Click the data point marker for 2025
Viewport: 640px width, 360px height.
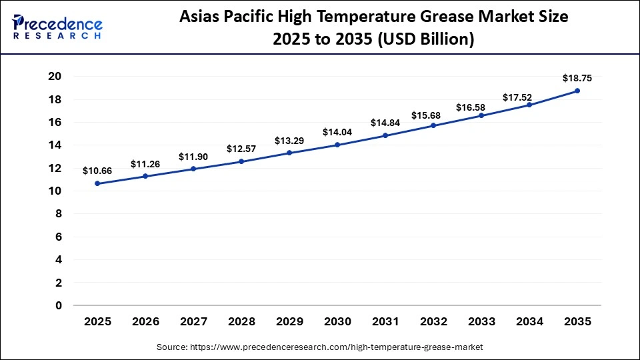click(97, 183)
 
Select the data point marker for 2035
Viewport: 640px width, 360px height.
click(577, 91)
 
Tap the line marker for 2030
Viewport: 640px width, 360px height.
click(337, 145)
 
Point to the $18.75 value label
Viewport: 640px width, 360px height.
click(577, 78)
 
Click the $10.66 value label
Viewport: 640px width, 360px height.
click(97, 171)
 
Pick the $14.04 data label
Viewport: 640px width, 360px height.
click(337, 132)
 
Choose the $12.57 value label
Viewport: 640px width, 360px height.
click(241, 148)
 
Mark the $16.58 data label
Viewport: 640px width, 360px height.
click(481, 107)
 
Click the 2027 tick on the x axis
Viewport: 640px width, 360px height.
click(193, 321)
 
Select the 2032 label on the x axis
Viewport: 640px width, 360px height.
click(433, 321)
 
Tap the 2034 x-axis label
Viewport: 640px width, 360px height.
click(529, 321)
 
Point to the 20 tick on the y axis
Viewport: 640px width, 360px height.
click(55, 77)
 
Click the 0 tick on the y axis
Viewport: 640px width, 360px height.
click(58, 305)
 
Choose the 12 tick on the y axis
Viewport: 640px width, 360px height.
click(55, 168)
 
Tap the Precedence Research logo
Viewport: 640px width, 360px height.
click(57, 27)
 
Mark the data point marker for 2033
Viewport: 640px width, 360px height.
click(481, 116)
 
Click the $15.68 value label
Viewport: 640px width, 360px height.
click(433, 115)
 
